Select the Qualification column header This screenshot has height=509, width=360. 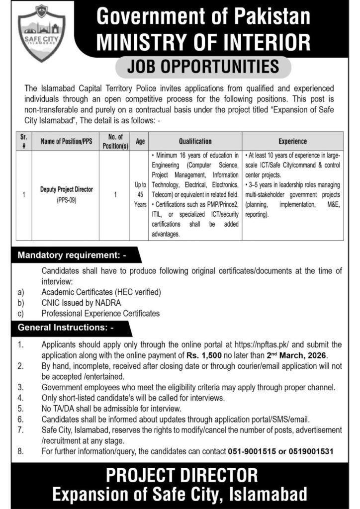click(x=195, y=141)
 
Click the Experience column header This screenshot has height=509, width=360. click(x=293, y=141)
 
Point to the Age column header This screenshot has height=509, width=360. click(x=140, y=141)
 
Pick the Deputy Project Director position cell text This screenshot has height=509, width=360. click(x=67, y=189)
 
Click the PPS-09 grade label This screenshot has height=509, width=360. click(x=67, y=199)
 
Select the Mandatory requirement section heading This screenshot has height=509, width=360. click(x=73, y=256)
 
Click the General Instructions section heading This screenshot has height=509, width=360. click(x=66, y=328)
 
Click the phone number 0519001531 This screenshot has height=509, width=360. click(x=309, y=451)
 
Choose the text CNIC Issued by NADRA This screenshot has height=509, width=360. click(x=81, y=302)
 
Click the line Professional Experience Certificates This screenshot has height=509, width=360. click(x=100, y=313)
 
